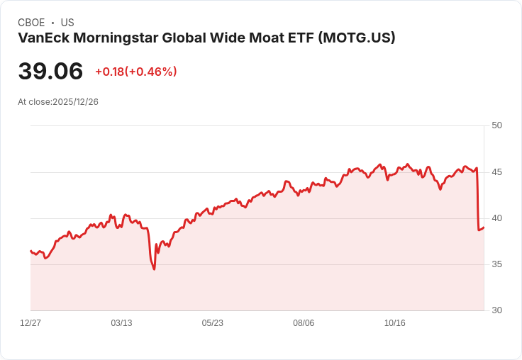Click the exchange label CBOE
tap(31, 23)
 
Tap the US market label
tap(67, 23)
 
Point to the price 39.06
tap(50, 71)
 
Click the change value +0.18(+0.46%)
tap(136, 72)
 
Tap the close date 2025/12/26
tap(75, 102)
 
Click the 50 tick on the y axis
tap(497, 125)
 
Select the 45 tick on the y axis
tap(497, 171)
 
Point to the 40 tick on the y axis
tap(497, 218)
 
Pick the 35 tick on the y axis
tap(497, 264)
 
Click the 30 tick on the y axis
tap(497, 310)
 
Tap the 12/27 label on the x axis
tap(30, 323)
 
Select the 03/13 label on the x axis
tap(121, 323)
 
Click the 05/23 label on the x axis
tap(212, 323)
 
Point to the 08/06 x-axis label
tap(304, 323)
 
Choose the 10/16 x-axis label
tap(394, 323)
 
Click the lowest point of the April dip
tap(154, 269)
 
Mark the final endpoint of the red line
tap(484, 227)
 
